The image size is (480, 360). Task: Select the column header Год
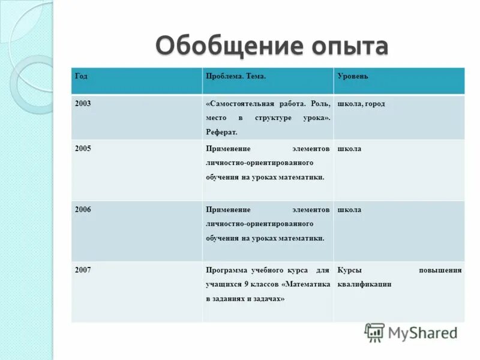81,76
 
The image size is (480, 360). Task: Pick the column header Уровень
353,76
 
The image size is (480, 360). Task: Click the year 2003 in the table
83,103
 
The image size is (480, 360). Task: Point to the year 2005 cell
83,148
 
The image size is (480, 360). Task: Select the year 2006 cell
83,209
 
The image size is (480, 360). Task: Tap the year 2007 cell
83,270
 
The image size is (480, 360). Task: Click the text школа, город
361,104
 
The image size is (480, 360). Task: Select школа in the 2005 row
349,149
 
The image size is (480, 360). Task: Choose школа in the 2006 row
349,210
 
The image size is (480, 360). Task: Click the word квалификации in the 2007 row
364,284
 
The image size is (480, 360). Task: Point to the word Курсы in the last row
349,270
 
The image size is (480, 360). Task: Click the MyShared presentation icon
374,332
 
